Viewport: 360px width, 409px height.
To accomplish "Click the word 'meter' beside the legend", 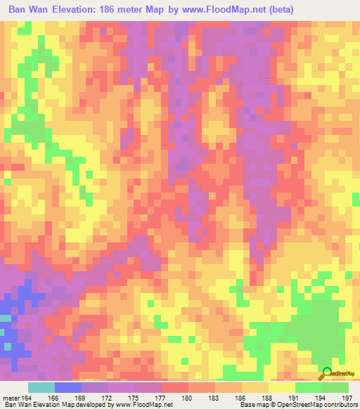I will coord(10,398).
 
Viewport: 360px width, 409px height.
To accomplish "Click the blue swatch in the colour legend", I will coord(68,387).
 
